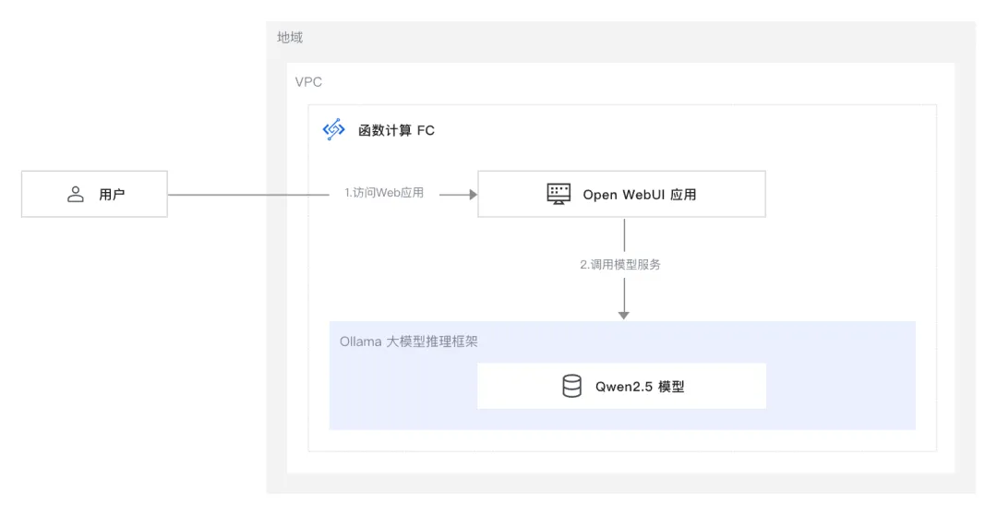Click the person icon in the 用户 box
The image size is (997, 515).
(76, 194)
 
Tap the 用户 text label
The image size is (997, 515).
(112, 195)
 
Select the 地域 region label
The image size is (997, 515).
(290, 38)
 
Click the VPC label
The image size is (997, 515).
(308, 82)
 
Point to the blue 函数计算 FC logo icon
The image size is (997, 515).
(333, 130)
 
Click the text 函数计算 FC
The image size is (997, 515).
(396, 130)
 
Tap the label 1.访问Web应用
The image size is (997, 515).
(384, 194)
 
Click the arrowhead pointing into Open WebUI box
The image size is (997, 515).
(473, 194)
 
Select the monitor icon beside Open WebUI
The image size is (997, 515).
(559, 194)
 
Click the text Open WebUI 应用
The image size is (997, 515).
(639, 195)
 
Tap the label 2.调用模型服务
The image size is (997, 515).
(620, 264)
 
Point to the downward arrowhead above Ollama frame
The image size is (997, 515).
(624, 315)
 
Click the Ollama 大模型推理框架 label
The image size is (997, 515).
(408, 341)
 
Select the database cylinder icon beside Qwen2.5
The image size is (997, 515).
(571, 386)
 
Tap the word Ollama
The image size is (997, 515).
(360, 341)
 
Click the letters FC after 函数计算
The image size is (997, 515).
(426, 130)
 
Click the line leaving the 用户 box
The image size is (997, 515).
(249, 195)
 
